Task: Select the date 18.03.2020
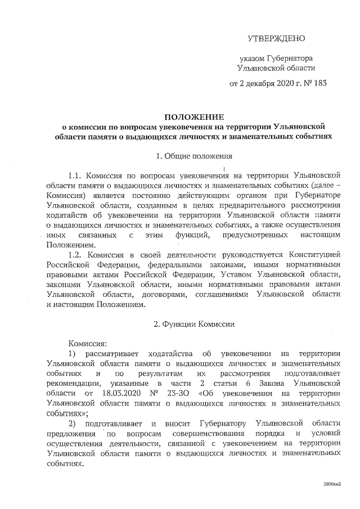point(123,393)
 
